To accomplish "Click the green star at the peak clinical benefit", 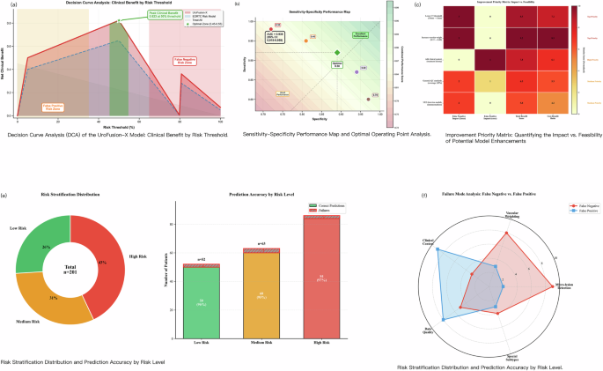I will click(120, 19).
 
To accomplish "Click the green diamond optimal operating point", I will click(337, 53).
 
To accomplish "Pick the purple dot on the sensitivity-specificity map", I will click(357, 71).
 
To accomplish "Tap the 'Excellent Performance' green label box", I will click(359, 34).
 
